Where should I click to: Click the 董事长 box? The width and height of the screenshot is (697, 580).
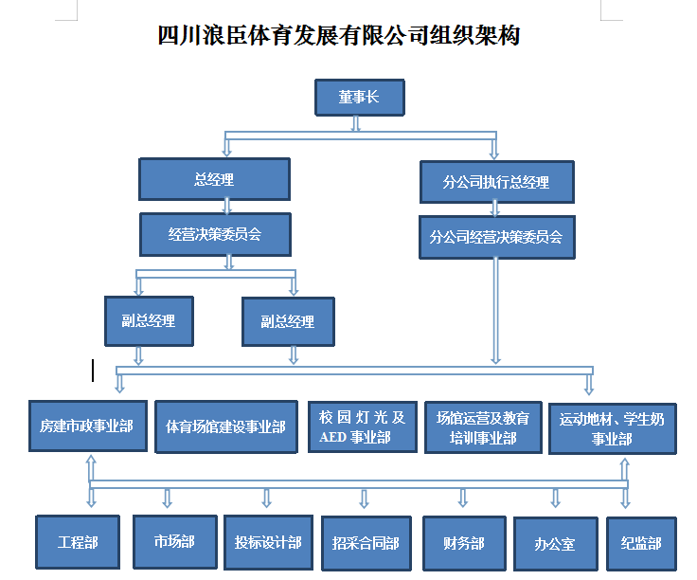tap(359, 98)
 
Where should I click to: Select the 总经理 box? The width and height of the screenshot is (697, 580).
tap(214, 179)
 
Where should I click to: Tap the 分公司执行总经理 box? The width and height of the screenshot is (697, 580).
tap(495, 181)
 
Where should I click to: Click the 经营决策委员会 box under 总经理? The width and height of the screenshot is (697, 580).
tap(214, 234)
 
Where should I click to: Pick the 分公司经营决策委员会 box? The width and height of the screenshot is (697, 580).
tap(495, 237)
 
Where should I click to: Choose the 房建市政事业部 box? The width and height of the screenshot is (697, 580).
tap(87, 426)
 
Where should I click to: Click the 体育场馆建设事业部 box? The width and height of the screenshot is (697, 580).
tap(225, 426)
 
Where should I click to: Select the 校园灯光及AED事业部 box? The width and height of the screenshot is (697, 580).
tap(362, 426)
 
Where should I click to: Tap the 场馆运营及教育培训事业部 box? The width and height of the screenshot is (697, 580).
tap(483, 426)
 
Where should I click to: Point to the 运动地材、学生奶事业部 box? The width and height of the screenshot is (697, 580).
tap(612, 428)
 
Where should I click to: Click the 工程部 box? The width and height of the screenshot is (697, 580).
tap(78, 543)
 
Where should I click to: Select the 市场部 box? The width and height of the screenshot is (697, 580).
tap(174, 542)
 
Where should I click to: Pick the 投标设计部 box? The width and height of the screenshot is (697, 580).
tap(268, 543)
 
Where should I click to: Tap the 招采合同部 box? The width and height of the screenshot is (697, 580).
tap(366, 544)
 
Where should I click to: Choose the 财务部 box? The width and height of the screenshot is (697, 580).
tap(463, 543)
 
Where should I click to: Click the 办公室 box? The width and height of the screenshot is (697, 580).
tap(555, 544)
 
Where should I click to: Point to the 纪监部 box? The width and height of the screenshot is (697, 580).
tap(641, 543)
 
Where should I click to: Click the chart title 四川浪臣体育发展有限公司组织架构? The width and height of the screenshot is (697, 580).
tap(339, 36)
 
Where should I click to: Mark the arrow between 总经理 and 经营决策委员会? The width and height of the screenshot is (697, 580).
tap(226, 206)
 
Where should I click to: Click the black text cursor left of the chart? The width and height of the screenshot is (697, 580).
tap(93, 370)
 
